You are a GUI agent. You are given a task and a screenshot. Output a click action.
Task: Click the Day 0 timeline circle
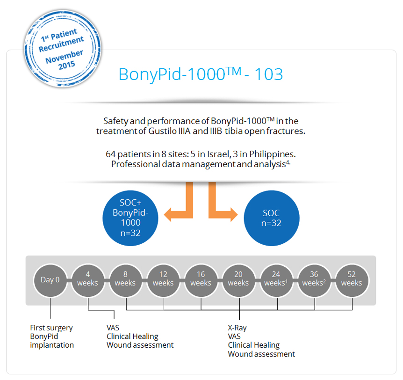[50, 280]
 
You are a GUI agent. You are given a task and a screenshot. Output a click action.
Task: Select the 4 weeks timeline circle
[88, 280]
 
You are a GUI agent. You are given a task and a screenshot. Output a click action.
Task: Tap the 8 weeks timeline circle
[125, 280]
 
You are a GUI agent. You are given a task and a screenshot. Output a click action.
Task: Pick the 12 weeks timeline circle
[163, 280]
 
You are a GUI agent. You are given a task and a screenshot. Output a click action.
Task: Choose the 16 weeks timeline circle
[201, 280]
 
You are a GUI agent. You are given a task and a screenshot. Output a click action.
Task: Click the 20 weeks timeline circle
[238, 280]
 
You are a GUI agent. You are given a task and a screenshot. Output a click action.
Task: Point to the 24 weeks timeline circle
[276, 280]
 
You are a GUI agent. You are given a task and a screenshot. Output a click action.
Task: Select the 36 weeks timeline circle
[314, 280]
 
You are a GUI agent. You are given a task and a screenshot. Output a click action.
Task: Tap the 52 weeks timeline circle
[352, 280]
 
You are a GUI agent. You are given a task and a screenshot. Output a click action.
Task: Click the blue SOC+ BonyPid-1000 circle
[130, 218]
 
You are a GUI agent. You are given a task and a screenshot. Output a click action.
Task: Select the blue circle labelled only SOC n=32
[272, 218]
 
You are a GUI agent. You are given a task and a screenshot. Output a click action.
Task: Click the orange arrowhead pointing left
[168, 215]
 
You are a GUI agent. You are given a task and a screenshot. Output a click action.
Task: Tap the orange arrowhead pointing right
[234, 215]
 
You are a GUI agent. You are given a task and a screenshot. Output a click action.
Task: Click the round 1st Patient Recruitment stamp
[63, 49]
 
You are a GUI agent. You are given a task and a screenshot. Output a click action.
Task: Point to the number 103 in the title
[269, 74]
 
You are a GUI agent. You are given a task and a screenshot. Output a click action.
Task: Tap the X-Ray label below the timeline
[237, 328]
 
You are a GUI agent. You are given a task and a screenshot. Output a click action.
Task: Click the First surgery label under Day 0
[51, 328]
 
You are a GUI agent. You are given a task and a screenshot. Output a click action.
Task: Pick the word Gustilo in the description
[162, 131]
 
